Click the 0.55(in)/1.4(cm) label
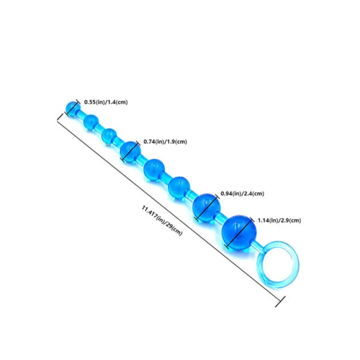pyautogui.click(x=106, y=102)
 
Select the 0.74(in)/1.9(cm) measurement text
pyautogui.click(x=165, y=142)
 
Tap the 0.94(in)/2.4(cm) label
pyautogui.click(x=242, y=194)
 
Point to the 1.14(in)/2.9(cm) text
pyautogui.click(x=279, y=220)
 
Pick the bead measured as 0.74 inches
pyautogui.click(x=130, y=151)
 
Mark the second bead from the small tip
pyautogui.click(x=91, y=122)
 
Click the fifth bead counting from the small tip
pyautogui.click(x=154, y=168)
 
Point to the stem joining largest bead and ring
pyautogui.click(x=258, y=246)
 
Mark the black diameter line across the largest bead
pyautogui.click(x=240, y=231)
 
